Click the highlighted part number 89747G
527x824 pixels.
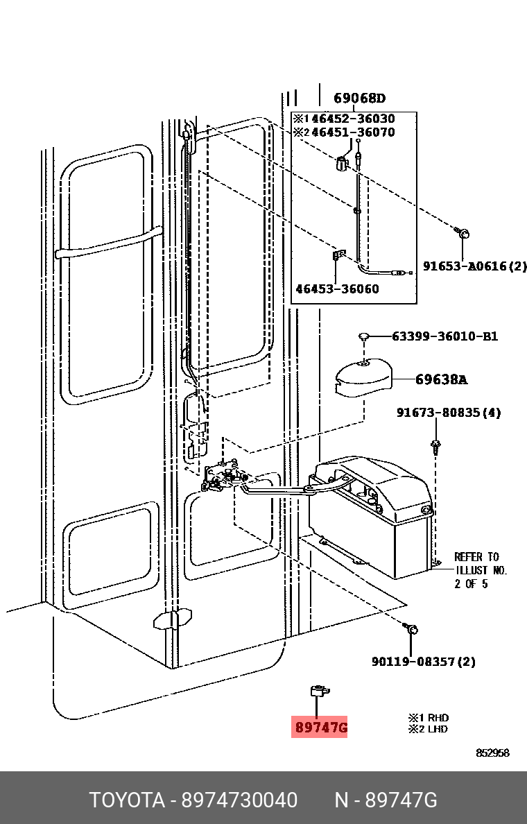pos(320,728)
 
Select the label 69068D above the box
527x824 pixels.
pos(360,98)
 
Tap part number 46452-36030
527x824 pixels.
pos(352,119)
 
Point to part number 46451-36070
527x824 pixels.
pos(352,132)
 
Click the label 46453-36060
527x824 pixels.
pos(337,289)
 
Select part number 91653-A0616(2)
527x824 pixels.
pos(475,266)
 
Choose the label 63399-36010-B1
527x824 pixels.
pos(444,336)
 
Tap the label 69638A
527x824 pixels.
pos(441,379)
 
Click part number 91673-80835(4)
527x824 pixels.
pos(449,413)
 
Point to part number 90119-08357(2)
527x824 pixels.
pos(424,662)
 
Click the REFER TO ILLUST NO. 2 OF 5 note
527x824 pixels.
pos(481,570)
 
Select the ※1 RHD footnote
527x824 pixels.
pos(429,718)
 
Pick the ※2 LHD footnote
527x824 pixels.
pos(428,730)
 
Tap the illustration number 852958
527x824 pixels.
pos(492,753)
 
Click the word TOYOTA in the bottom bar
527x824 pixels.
pos(127,801)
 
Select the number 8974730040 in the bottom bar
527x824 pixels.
pos(239,801)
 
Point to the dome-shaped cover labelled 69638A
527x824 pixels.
pos(363,377)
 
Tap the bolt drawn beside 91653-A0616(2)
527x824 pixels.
pos(462,233)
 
